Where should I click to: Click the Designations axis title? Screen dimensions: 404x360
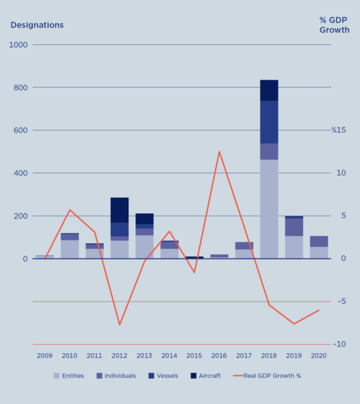pos(37,25)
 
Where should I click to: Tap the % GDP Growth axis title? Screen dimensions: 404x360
pos(334,25)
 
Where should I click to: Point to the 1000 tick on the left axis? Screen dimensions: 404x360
pos(18,45)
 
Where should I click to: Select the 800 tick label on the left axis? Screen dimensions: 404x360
pos(20,88)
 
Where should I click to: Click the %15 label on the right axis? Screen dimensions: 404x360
pos(340,130)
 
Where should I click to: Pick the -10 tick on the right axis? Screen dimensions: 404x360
pos(340,345)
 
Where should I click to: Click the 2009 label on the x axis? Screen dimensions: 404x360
pos(44,355)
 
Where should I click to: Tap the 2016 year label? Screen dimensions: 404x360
pos(219,355)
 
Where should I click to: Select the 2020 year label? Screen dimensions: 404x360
pos(319,355)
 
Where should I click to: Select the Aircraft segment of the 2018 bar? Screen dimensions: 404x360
pos(269,91)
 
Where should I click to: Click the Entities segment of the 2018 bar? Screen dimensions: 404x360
pos(269,209)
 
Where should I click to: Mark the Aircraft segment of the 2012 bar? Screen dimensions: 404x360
pos(119,210)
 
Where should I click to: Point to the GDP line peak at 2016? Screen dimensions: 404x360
pos(219,152)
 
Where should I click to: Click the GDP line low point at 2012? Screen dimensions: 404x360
pos(119,325)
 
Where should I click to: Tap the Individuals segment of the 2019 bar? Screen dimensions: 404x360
pos(294,227)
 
